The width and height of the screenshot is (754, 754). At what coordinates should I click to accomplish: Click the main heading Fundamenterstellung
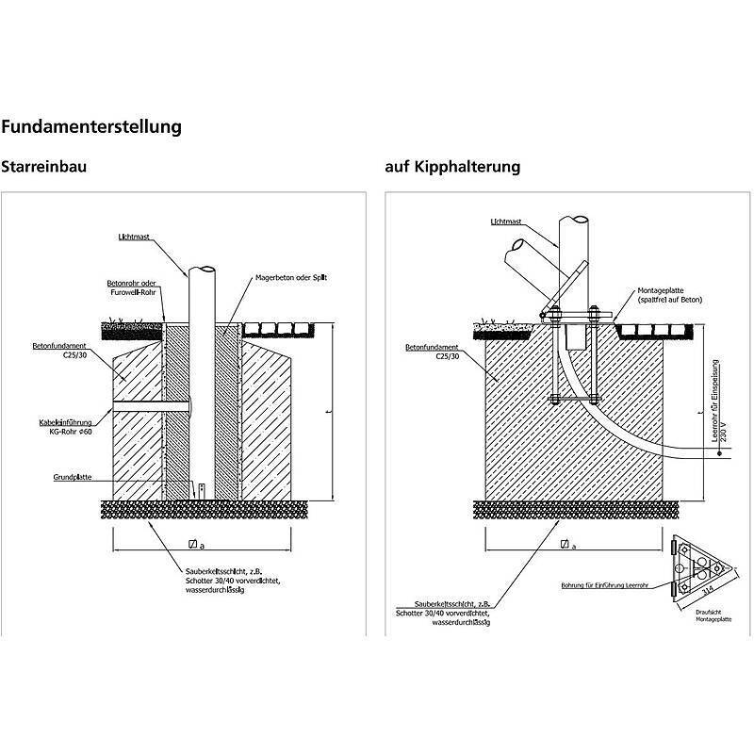(91, 125)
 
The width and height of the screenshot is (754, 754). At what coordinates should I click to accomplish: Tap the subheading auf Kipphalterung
(452, 167)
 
